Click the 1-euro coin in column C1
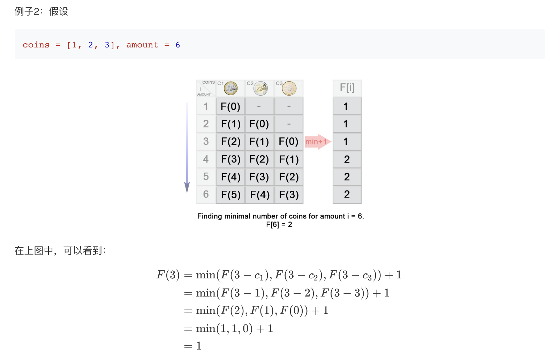click(230, 88)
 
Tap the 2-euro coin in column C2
click(260, 88)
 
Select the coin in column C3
click(289, 88)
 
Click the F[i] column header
click(347, 88)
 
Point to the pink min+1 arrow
click(318, 142)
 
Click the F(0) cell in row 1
click(230, 106)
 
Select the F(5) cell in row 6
click(230, 195)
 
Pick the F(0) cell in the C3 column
click(289, 142)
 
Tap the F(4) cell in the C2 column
click(259, 195)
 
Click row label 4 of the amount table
click(206, 159)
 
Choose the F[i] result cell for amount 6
click(347, 194)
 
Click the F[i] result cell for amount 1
click(346, 106)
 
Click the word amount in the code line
click(142, 45)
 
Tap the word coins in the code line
click(36, 45)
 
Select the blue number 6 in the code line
click(178, 45)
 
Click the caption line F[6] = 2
click(279, 225)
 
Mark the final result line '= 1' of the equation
click(193, 346)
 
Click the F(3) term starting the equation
click(168, 275)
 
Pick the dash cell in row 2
click(289, 124)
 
